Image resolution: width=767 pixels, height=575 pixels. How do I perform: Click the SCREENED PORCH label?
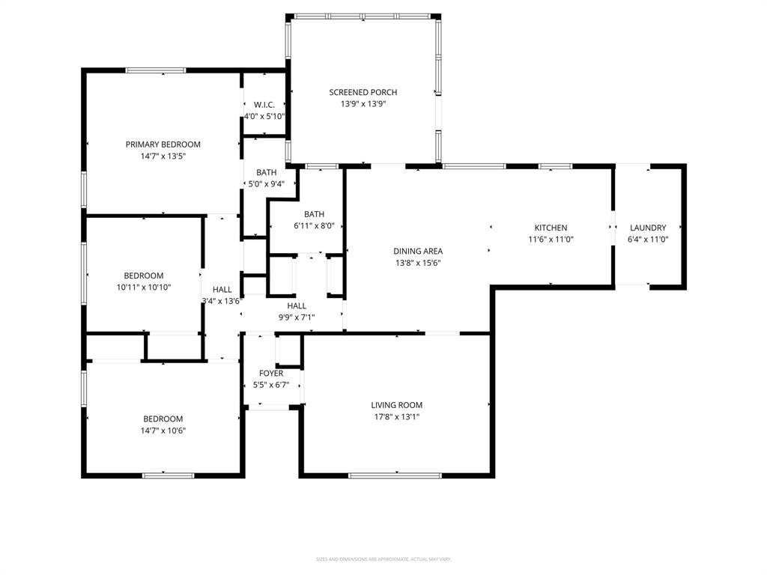click(x=363, y=93)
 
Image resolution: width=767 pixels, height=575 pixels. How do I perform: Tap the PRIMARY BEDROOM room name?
click(x=163, y=144)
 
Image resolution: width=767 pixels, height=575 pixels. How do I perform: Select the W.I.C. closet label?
click(x=264, y=105)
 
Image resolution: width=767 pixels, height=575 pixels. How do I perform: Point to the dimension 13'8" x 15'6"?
click(x=419, y=263)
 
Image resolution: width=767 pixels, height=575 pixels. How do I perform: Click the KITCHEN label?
click(x=551, y=228)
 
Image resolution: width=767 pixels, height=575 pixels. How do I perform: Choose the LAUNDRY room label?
click(x=648, y=228)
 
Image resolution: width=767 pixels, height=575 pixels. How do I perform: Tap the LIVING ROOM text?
click(x=397, y=405)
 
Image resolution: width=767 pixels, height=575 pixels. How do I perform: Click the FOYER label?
click(x=271, y=374)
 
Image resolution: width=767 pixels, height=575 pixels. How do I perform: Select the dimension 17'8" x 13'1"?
click(x=397, y=417)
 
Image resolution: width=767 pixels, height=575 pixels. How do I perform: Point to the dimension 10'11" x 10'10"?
click(x=143, y=287)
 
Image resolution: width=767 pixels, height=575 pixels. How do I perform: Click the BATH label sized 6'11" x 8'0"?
click(x=314, y=214)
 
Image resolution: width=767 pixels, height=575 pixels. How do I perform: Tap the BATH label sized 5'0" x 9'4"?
click(x=266, y=172)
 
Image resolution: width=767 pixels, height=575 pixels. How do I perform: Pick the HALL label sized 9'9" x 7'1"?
click(x=297, y=305)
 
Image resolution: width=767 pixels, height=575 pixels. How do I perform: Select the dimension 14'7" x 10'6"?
click(x=163, y=431)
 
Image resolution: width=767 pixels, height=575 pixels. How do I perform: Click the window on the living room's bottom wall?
click(x=395, y=475)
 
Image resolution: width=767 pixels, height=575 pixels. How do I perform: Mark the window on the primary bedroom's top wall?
click(x=155, y=70)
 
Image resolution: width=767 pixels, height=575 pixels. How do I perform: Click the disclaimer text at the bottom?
click(x=383, y=559)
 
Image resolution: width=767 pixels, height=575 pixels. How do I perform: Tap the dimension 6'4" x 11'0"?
click(x=648, y=240)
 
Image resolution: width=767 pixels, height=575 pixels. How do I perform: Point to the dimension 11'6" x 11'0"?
click(x=551, y=240)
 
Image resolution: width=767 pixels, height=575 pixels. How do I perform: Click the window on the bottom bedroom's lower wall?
click(x=168, y=475)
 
